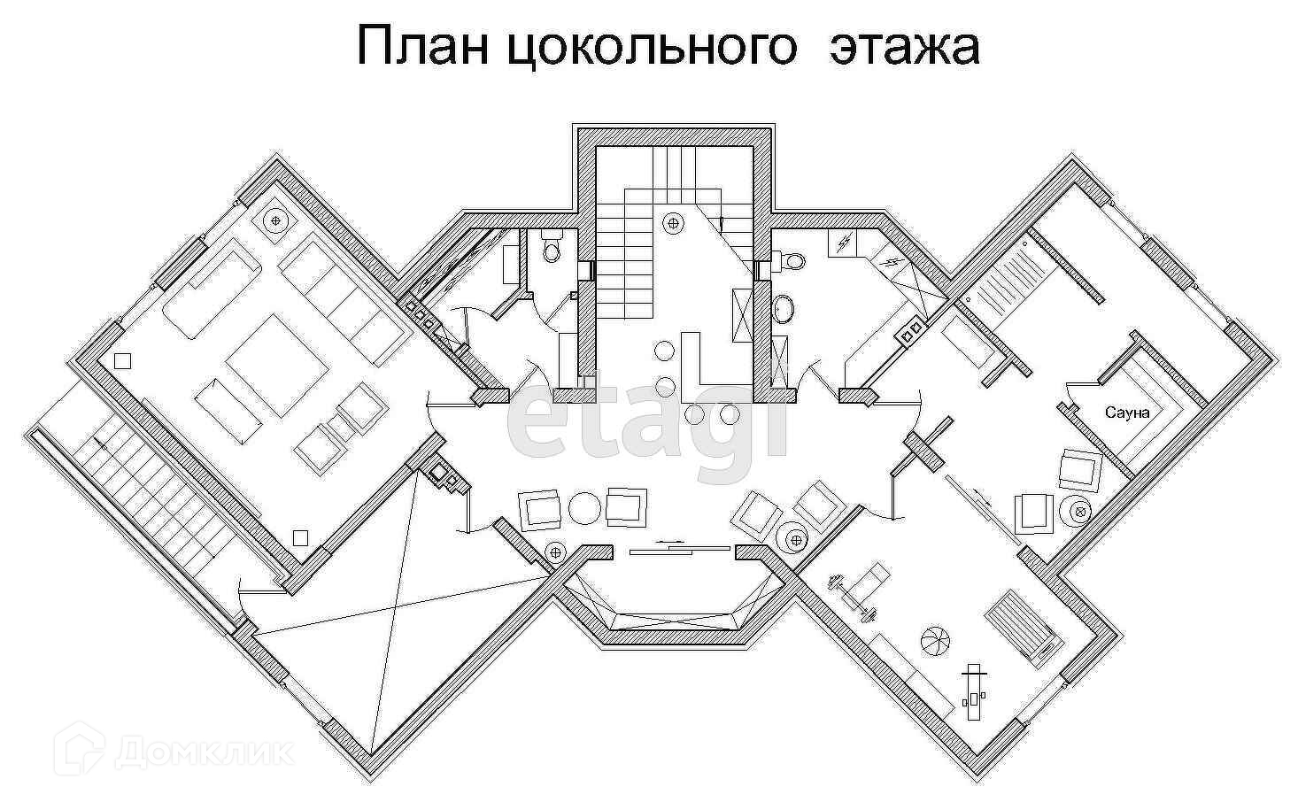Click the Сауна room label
[x=1127, y=413]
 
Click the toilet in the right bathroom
[x=791, y=260]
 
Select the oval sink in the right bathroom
[x=784, y=309]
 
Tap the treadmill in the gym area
[x=1022, y=626]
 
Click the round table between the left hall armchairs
[x=584, y=508]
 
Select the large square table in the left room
[x=272, y=365]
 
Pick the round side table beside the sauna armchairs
[x=1081, y=511]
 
